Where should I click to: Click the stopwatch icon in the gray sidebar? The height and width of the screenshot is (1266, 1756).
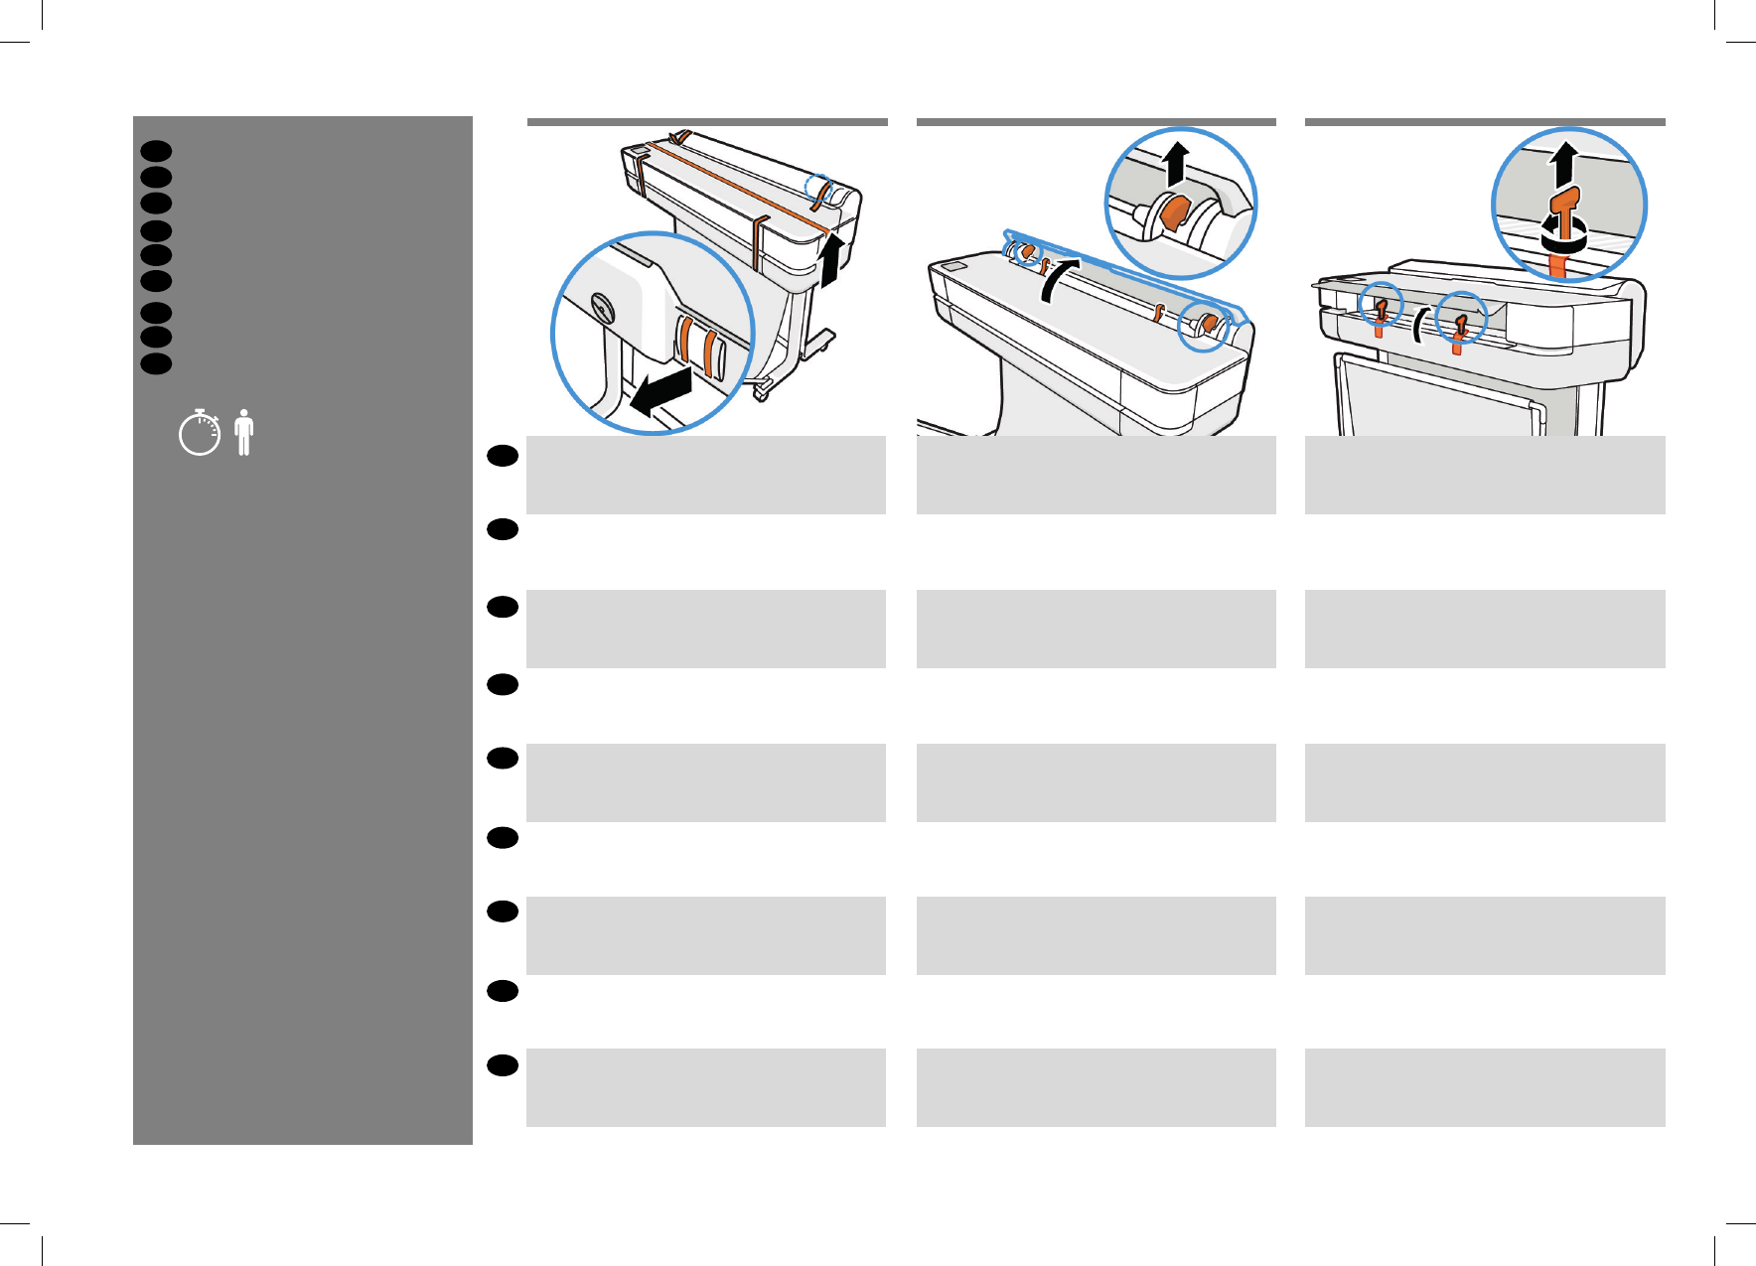click(x=200, y=433)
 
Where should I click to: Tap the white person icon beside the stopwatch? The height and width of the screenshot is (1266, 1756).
click(x=244, y=433)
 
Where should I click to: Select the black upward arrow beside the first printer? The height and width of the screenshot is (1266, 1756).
click(x=831, y=260)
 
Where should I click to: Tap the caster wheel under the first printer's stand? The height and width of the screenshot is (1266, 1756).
click(x=762, y=393)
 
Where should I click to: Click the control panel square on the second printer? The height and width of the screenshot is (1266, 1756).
click(x=952, y=267)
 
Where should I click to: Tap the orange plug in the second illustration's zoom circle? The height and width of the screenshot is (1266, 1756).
click(x=1174, y=212)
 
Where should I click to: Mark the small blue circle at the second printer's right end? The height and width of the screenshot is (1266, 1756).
click(x=1203, y=325)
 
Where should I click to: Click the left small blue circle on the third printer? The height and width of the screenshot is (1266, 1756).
click(x=1381, y=305)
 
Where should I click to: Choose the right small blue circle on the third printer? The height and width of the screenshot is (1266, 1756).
click(x=1461, y=318)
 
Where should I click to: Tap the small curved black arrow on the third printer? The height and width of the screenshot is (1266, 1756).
click(x=1419, y=325)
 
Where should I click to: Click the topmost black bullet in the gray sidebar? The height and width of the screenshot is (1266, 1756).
click(x=156, y=151)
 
